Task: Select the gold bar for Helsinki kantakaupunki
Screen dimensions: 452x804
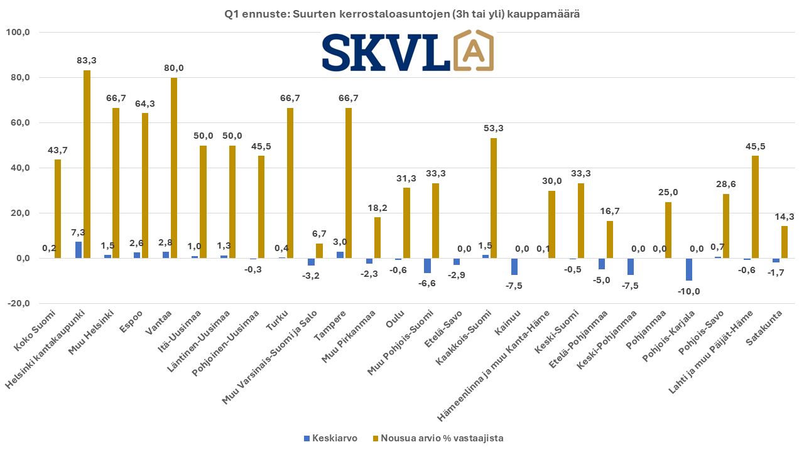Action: click(87, 164)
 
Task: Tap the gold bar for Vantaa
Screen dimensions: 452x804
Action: click(174, 168)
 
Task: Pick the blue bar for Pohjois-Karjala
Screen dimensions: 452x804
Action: click(689, 269)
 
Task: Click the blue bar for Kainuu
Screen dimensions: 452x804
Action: click(514, 266)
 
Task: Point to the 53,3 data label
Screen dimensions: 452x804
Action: click(493, 128)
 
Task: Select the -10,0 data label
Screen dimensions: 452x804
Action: click(689, 291)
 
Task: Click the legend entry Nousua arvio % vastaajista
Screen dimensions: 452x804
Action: click(438, 438)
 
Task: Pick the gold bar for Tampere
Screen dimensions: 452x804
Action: click(348, 183)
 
